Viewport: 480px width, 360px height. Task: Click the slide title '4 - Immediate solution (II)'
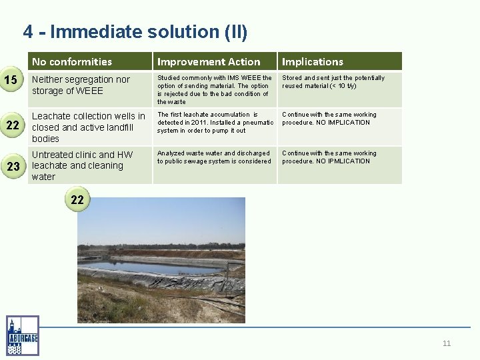coord(135,31)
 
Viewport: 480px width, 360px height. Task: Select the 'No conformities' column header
coord(72,61)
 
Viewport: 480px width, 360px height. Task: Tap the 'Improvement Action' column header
coord(209,61)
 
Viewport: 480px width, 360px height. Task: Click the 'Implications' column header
coord(312,61)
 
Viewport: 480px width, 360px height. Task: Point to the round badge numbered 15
coord(11,81)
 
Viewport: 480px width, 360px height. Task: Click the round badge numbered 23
coord(13,166)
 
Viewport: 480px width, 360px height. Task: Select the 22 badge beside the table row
coord(13,125)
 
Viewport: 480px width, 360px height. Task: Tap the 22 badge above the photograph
coord(77,199)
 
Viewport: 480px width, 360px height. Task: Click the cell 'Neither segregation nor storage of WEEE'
coord(81,85)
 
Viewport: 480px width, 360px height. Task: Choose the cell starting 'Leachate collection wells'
coord(88,127)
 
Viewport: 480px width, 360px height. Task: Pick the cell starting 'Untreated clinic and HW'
coord(83,165)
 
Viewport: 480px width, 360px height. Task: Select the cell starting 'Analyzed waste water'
coord(213,157)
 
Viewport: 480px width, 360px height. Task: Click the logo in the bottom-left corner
coord(23,335)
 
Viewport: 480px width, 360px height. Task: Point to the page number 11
coord(446,343)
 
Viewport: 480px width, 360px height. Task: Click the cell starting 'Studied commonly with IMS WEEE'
coord(214,89)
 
